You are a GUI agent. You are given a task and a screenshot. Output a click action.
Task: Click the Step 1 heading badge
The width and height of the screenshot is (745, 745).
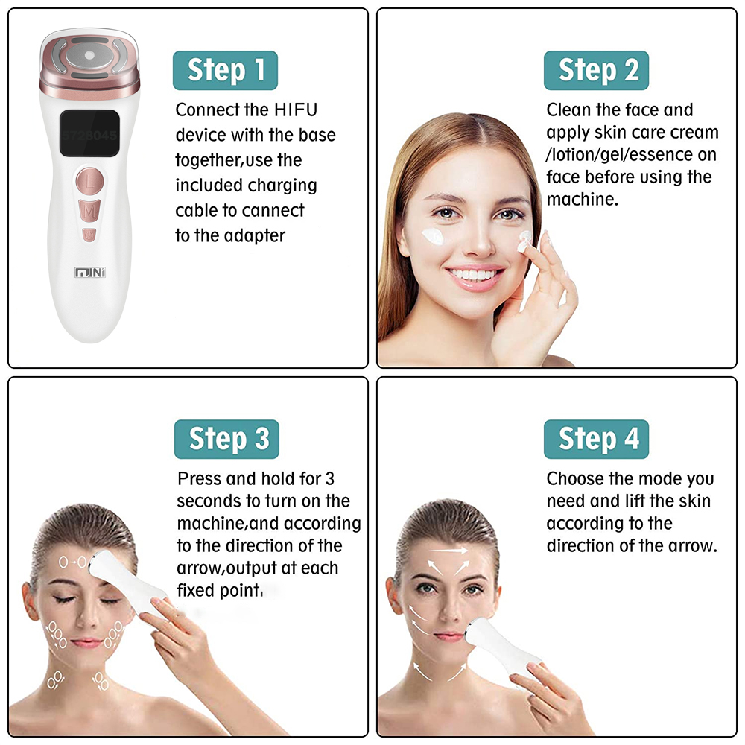[225, 70]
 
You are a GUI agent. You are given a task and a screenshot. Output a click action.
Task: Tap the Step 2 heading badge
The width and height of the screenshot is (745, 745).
[596, 70]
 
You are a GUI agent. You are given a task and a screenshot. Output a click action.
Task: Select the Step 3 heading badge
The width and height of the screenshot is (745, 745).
[226, 439]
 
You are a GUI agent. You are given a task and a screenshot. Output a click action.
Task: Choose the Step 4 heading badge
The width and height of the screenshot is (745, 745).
[596, 439]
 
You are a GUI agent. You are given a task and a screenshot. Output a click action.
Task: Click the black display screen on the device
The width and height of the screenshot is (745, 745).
[89, 135]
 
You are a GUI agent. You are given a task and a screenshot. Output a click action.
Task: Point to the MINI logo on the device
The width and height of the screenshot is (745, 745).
[90, 273]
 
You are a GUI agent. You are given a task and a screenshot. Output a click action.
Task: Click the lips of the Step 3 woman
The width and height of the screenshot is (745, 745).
[87, 641]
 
